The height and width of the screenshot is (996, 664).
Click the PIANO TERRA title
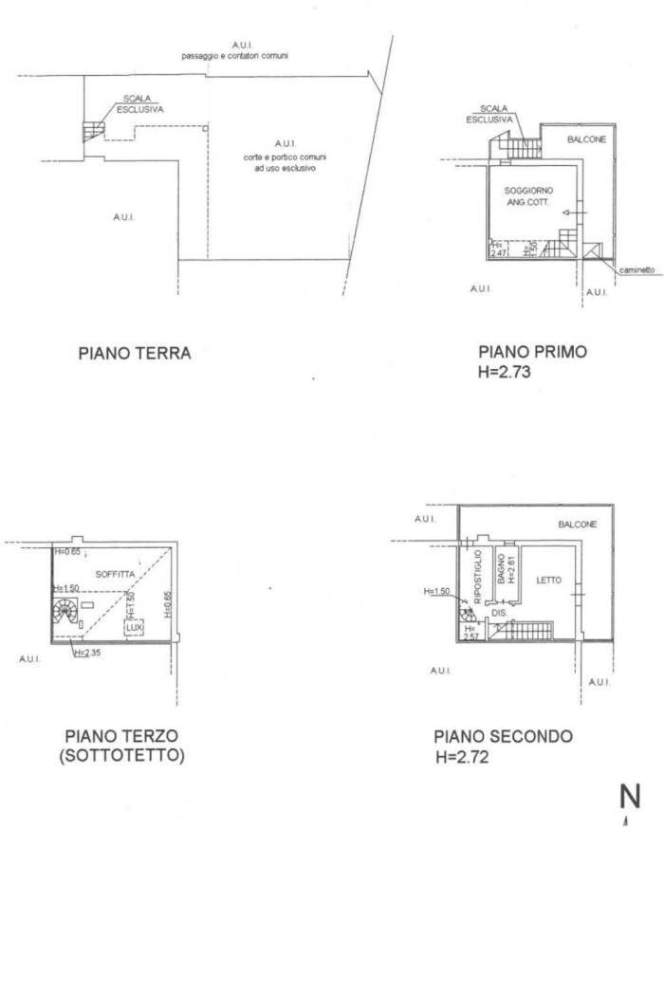tap(134, 354)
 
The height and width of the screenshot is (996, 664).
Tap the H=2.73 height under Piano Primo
tap(505, 372)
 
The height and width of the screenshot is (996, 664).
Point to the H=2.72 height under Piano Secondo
tap(461, 756)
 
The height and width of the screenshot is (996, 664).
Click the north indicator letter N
tap(630, 796)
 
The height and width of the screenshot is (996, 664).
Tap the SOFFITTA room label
tap(116, 575)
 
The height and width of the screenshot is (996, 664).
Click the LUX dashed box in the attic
tap(133, 627)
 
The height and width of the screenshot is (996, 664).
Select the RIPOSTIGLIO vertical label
tap(479, 571)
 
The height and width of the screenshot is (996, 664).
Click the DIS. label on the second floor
tap(500, 614)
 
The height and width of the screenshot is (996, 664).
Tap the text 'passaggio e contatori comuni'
tap(235, 56)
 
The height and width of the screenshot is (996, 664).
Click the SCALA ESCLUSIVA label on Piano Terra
tap(139, 104)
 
